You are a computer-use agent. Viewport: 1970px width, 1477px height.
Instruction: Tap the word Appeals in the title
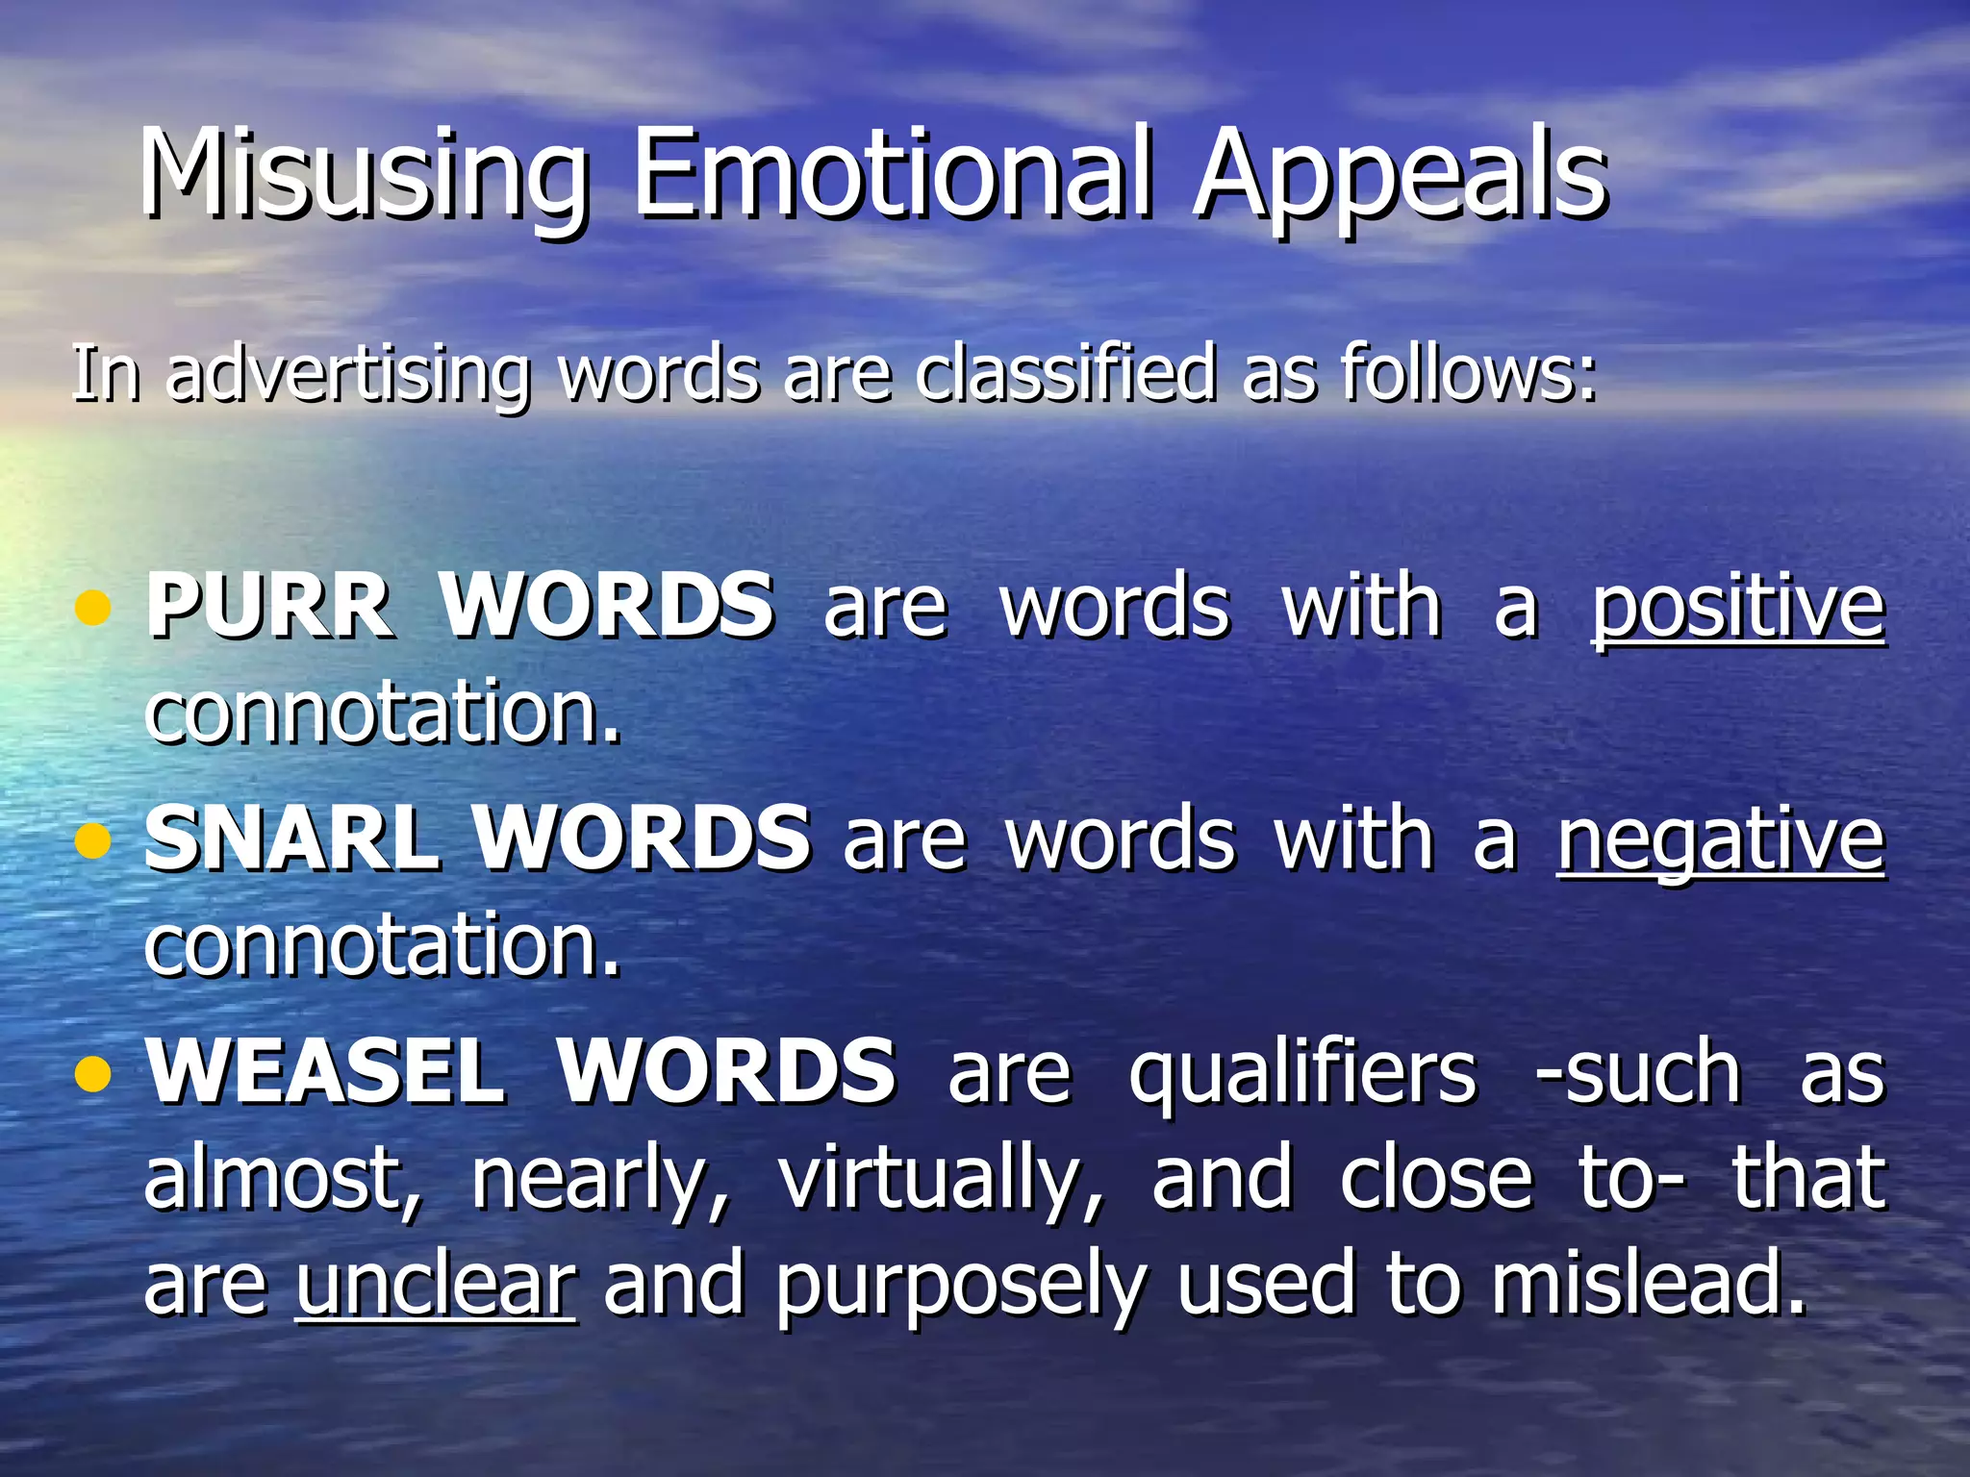point(1400,175)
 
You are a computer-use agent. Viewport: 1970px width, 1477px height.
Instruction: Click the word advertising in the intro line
point(348,374)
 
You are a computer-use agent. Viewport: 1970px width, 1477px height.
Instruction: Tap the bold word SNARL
point(292,839)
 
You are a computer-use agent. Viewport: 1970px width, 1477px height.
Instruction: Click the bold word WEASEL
point(325,1071)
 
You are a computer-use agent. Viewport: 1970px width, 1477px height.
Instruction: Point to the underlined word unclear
point(436,1285)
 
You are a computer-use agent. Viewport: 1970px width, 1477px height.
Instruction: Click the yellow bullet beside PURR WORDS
point(92,608)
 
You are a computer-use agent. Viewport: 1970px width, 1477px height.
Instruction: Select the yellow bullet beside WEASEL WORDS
point(92,1073)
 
